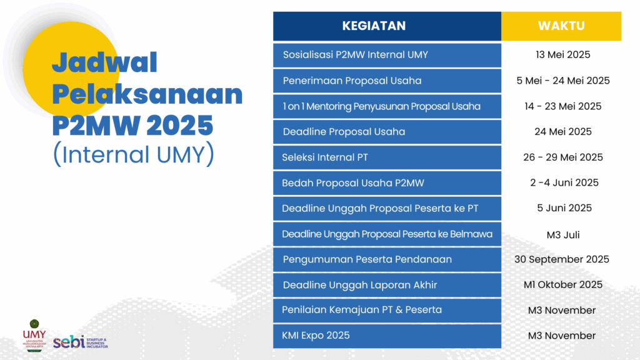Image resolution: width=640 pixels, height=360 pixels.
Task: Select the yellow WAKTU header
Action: [x=561, y=26]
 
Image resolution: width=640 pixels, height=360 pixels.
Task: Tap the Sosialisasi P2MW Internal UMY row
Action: [x=387, y=55]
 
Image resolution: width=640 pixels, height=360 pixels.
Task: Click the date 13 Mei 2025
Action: [x=563, y=55]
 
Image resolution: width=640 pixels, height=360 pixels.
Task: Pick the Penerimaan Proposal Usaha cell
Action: [x=387, y=81]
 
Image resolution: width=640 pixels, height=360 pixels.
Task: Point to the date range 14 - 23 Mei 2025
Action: [x=563, y=106]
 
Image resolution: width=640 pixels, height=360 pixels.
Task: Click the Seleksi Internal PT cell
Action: [x=387, y=157]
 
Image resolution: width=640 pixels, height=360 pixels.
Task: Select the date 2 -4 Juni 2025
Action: [x=564, y=183]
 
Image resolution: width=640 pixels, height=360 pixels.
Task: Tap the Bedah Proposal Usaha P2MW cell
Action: [x=387, y=183]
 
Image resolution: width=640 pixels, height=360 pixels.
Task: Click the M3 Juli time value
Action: [x=563, y=235]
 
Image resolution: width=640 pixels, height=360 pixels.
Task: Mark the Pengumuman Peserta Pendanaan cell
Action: [x=387, y=259]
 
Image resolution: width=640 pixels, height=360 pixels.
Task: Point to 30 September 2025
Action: [x=562, y=259]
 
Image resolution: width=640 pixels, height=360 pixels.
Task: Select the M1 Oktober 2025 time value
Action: [x=563, y=285]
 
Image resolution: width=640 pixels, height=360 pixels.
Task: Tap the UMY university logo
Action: [x=34, y=336]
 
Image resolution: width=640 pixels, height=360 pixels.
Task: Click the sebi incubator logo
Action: [x=81, y=342]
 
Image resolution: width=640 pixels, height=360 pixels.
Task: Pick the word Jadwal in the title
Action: [x=104, y=62]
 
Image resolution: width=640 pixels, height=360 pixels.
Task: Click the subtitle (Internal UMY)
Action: [x=134, y=154]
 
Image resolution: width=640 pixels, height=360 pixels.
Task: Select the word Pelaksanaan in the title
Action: [x=147, y=94]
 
